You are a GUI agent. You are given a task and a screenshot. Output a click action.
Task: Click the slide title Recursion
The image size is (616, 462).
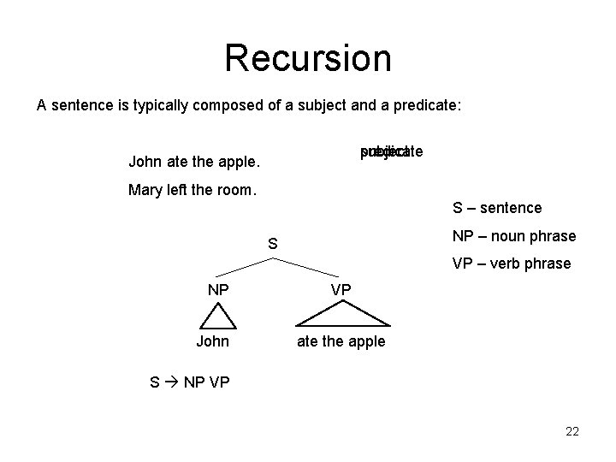tap(307, 58)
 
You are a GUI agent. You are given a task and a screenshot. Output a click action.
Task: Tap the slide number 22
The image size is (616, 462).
tap(572, 432)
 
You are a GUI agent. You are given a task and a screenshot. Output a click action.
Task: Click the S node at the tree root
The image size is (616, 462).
tap(272, 245)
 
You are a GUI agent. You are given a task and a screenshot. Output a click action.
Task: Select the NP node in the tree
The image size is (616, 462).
tap(218, 289)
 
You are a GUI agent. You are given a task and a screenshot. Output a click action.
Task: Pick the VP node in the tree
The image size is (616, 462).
tap(341, 289)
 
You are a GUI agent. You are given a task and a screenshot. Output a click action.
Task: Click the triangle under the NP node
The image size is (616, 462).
tap(218, 317)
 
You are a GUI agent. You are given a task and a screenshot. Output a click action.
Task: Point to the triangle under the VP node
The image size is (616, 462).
tap(341, 317)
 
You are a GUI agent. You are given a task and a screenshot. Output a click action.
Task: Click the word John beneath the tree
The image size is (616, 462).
tap(212, 341)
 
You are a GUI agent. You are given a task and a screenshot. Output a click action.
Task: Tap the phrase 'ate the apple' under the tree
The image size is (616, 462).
tap(341, 341)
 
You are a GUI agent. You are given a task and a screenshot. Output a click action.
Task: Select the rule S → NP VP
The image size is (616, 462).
tap(189, 382)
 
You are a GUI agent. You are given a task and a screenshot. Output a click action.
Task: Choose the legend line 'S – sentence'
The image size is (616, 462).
tap(496, 208)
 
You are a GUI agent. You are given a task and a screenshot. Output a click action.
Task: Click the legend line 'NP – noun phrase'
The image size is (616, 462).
tap(513, 235)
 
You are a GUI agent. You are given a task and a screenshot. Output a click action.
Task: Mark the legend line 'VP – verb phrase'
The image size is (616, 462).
tap(511, 264)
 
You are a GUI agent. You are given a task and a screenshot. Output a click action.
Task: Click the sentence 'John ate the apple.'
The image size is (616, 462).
tap(194, 161)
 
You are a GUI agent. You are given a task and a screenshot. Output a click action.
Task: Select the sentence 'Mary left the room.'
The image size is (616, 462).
tap(192, 190)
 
